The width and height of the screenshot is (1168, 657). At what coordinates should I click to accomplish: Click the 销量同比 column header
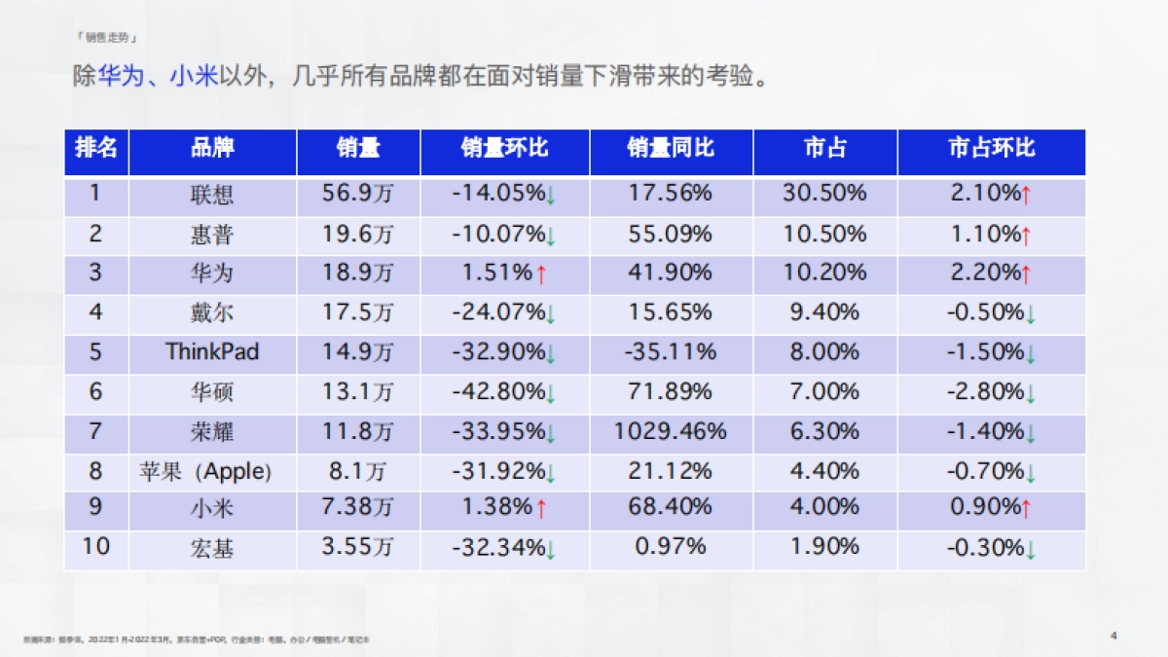pyautogui.click(x=671, y=148)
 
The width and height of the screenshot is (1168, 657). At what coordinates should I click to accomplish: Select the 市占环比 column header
pyautogui.click(x=991, y=148)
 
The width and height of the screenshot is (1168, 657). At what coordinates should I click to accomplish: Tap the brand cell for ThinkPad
pyautogui.click(x=212, y=351)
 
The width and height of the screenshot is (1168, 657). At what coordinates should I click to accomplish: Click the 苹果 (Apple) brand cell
pyautogui.click(x=205, y=472)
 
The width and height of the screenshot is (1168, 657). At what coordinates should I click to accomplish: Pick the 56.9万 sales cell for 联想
pyautogui.click(x=358, y=193)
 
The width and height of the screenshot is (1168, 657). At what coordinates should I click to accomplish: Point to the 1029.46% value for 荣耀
pyautogui.click(x=671, y=430)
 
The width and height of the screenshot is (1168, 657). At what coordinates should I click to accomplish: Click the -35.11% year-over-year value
pyautogui.click(x=671, y=351)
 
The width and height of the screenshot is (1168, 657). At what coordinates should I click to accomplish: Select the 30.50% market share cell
pyautogui.click(x=824, y=193)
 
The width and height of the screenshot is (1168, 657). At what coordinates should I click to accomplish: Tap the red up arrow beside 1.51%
pyautogui.click(x=542, y=274)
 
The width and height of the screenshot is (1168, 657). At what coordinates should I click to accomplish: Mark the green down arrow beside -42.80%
pyautogui.click(x=551, y=394)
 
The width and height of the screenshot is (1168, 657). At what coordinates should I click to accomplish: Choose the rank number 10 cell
pyautogui.click(x=95, y=547)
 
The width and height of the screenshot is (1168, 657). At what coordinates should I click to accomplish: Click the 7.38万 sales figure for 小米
pyautogui.click(x=358, y=507)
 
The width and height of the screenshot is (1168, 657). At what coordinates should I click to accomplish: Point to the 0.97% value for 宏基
pyautogui.click(x=671, y=547)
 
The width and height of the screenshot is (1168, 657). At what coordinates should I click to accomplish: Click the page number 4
pyautogui.click(x=1113, y=636)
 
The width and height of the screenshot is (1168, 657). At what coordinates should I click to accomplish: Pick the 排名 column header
pyautogui.click(x=96, y=148)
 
